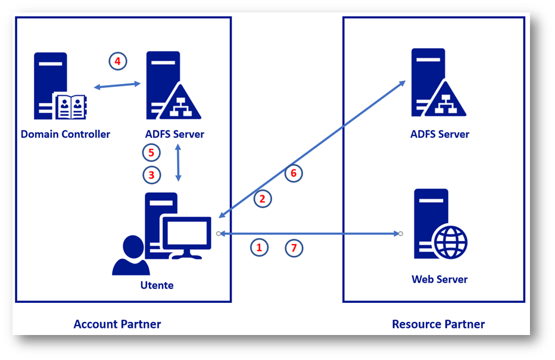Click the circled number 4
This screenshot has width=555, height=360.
point(118,61)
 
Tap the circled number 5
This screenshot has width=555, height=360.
point(151,153)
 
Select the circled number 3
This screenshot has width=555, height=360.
point(151,175)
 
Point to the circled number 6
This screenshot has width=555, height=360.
point(293,173)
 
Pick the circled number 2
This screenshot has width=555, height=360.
point(263,199)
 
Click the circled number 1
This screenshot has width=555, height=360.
point(258,248)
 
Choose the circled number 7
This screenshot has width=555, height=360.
point(294,248)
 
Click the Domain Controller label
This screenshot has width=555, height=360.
point(66,134)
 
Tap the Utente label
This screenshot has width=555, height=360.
point(157,285)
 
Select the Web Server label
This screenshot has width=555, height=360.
point(439,279)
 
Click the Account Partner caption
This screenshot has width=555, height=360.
point(117,324)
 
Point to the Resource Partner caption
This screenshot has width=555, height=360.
point(438,324)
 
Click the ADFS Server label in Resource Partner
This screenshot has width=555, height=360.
point(439,134)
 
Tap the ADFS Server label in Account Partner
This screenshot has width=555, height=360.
point(174,134)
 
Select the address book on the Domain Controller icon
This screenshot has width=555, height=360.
point(70,106)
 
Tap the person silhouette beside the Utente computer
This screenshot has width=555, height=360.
point(130,256)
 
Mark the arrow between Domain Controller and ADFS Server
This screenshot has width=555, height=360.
point(117,86)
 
